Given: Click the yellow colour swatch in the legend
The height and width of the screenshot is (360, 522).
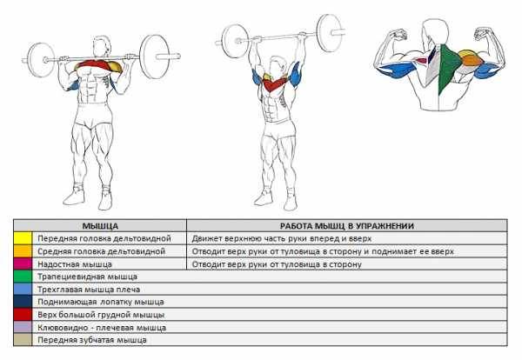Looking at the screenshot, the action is [23, 238].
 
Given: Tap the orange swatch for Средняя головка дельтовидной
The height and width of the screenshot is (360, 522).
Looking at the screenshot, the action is [23, 251].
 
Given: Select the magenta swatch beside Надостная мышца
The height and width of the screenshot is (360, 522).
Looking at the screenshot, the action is [23, 263].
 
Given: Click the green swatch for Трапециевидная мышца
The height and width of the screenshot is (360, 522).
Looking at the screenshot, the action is [23, 277].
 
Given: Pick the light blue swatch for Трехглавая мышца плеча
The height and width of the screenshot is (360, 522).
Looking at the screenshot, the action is [23, 290].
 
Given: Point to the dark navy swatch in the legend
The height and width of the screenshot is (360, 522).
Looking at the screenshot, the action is [23, 302].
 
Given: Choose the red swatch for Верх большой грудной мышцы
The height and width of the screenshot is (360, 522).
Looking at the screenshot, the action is [23, 315].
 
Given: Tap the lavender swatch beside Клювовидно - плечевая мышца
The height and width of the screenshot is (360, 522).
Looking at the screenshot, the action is [23, 327].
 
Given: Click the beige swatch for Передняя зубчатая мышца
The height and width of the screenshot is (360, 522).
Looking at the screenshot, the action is [23, 340].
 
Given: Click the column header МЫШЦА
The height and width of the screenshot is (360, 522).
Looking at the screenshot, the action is [100, 226].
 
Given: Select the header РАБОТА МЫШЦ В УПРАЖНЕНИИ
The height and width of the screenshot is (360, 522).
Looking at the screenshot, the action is [347, 226].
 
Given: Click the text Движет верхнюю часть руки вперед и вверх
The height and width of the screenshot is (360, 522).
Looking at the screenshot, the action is [281, 238].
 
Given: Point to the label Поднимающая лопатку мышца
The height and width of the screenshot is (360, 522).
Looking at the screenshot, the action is [101, 302].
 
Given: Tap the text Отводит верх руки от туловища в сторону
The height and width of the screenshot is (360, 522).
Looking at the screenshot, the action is [277, 264].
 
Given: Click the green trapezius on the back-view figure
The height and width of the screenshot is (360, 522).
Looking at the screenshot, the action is [447, 68].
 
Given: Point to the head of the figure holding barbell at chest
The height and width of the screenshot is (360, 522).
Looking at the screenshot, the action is [101, 47].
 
